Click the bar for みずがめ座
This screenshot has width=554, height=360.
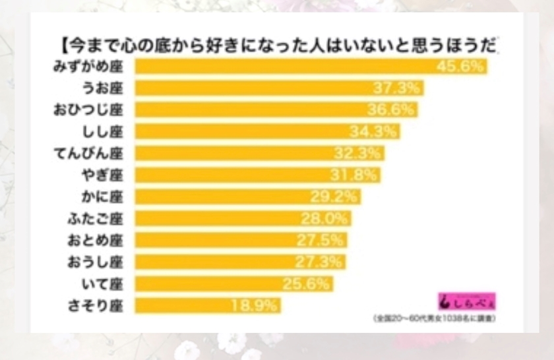(310, 66)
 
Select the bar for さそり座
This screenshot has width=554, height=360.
(208, 305)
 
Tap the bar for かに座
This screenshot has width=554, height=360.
(247, 196)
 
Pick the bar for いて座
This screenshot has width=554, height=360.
(234, 284)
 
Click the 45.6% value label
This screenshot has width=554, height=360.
(462, 66)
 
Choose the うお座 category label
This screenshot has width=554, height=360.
(111, 88)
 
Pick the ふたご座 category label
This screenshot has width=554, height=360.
(103, 218)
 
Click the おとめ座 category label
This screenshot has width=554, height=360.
(103, 240)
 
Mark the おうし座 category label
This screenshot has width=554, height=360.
(103, 262)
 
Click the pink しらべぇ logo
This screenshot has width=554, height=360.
(467, 301)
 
